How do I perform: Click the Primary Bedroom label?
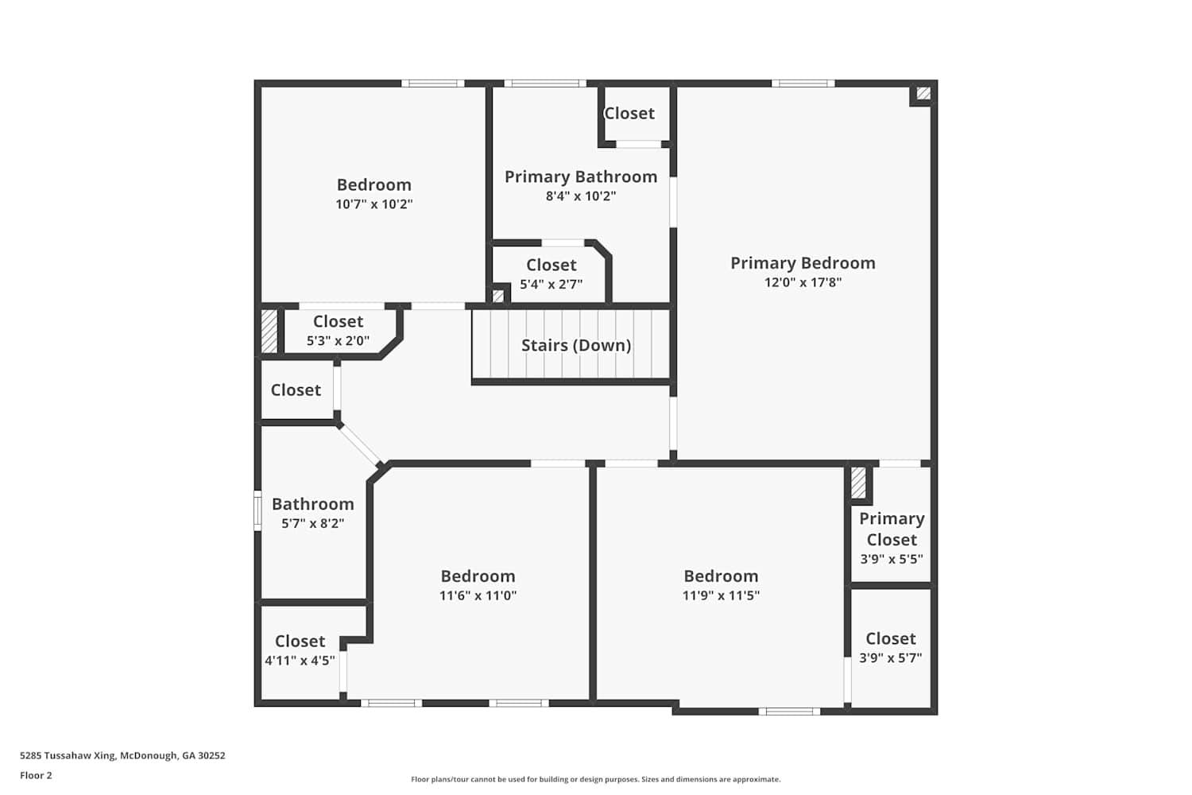coord(803,263)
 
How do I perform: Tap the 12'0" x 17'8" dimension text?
coord(803,282)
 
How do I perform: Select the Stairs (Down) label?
coord(576,345)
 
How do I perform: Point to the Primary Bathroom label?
coord(581,176)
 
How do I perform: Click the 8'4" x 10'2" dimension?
coord(581,196)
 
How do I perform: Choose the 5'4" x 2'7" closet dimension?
coord(551,285)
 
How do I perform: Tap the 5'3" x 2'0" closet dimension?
coord(338,341)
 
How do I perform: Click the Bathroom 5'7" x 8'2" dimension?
coord(312,523)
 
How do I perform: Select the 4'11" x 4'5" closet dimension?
coord(300,661)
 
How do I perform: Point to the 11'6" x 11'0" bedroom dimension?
coord(478,595)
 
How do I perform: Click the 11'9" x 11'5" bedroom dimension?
coord(721,595)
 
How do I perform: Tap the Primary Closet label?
coord(892,529)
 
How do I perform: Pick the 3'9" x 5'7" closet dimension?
coord(890,658)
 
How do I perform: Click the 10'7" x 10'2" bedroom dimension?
coord(373,204)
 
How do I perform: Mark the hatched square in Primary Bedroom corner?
coord(923,94)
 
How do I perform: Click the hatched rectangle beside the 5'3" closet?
coord(269,332)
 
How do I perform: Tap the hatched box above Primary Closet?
coord(857,483)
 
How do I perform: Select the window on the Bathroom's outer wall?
coord(257,510)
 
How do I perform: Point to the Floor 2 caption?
coord(37,775)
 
